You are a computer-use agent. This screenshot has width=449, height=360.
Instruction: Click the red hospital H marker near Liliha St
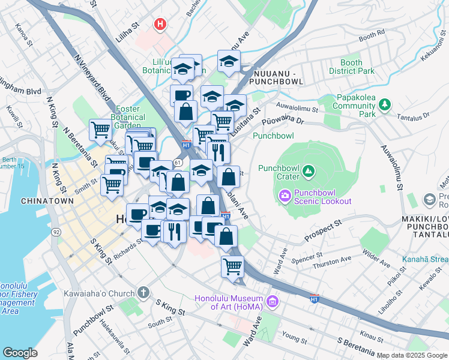[x=160, y=25]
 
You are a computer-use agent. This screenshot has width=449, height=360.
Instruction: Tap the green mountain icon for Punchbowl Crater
[x=308, y=172]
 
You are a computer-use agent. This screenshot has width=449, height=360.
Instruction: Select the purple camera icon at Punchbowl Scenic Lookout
[x=285, y=195]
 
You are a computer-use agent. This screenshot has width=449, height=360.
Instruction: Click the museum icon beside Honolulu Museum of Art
[x=273, y=300]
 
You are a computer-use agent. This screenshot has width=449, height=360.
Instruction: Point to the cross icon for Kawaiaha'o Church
[x=143, y=292]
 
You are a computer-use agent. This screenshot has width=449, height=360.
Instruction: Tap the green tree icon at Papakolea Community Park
[x=384, y=106]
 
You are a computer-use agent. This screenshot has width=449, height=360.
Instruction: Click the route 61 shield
[x=178, y=163]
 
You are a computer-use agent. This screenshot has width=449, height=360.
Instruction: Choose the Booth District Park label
[x=351, y=67]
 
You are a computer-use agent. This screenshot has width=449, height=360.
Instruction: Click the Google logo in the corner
[x=20, y=352]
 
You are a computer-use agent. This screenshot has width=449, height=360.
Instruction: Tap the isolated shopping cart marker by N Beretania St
[x=100, y=129]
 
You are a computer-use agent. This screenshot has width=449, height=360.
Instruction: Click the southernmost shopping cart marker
[x=232, y=265]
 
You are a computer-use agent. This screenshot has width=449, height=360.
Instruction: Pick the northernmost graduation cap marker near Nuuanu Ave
[x=229, y=61]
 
